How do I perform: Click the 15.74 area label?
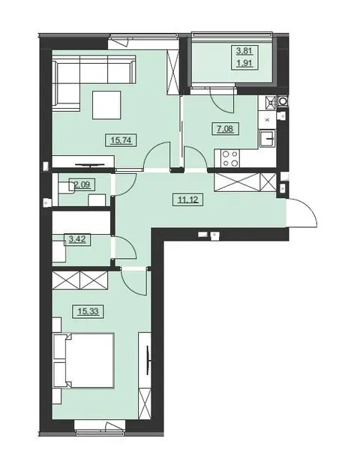coord(121,140)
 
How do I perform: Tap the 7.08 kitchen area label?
coord(225,128)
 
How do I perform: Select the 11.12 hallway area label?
coord(187,199)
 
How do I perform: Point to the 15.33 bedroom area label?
coord(88,311)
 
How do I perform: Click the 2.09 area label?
coord(82,184)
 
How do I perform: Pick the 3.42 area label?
coord(77,239)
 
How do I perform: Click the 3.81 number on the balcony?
coord(244,51)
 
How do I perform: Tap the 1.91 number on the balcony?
coord(244,63)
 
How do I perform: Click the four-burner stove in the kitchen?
coord(230,158)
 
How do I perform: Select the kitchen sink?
coord(267,139)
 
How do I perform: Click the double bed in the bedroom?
coord(83,360)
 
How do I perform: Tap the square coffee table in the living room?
coord(106,105)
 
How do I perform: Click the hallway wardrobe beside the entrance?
coord(245,182)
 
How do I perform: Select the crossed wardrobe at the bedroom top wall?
coord(80,280)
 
